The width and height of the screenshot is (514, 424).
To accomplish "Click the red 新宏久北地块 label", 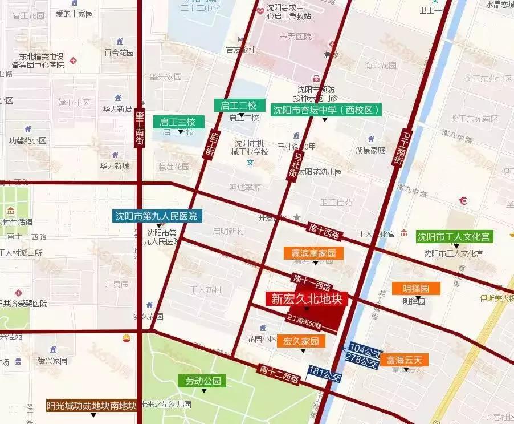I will click(306, 298).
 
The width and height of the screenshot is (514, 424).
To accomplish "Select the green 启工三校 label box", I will click(178, 122).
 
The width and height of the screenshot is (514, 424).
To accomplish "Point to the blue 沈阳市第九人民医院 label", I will click(156, 216).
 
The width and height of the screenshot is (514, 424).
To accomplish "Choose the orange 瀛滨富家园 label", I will click(313, 253).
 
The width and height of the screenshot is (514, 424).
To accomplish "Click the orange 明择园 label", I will click(416, 288).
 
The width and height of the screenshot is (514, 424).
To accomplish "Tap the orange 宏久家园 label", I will click(301, 341).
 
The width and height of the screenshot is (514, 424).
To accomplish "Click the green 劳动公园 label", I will click(202, 381).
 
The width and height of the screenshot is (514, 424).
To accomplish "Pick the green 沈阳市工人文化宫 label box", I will click(454, 236).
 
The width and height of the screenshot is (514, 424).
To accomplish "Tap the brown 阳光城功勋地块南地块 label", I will click(92, 406).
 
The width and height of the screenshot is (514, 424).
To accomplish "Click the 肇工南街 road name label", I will click(140, 129).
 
